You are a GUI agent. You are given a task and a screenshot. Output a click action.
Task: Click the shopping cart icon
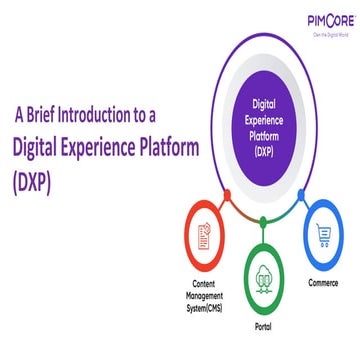pos(324,235)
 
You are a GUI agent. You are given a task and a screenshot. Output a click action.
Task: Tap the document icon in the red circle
pos(205,236)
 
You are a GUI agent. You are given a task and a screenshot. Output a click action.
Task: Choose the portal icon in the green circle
pos(264,279)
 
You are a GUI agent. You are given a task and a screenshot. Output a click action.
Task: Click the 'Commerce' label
pos(324,283)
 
